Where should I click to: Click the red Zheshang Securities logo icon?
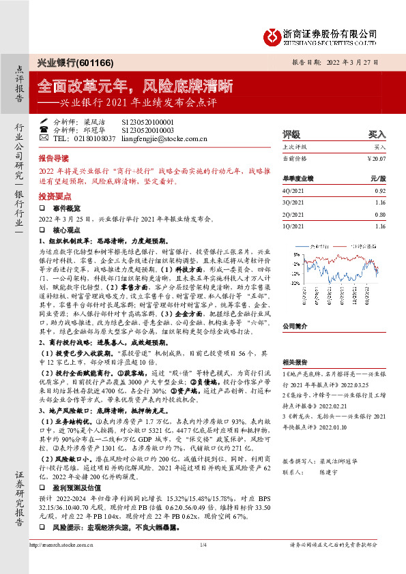click(272, 34)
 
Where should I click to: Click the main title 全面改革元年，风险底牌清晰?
click(135, 87)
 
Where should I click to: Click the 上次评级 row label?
click(295, 147)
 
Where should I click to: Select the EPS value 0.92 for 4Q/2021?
click(379, 192)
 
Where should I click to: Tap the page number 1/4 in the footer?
click(203, 564)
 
